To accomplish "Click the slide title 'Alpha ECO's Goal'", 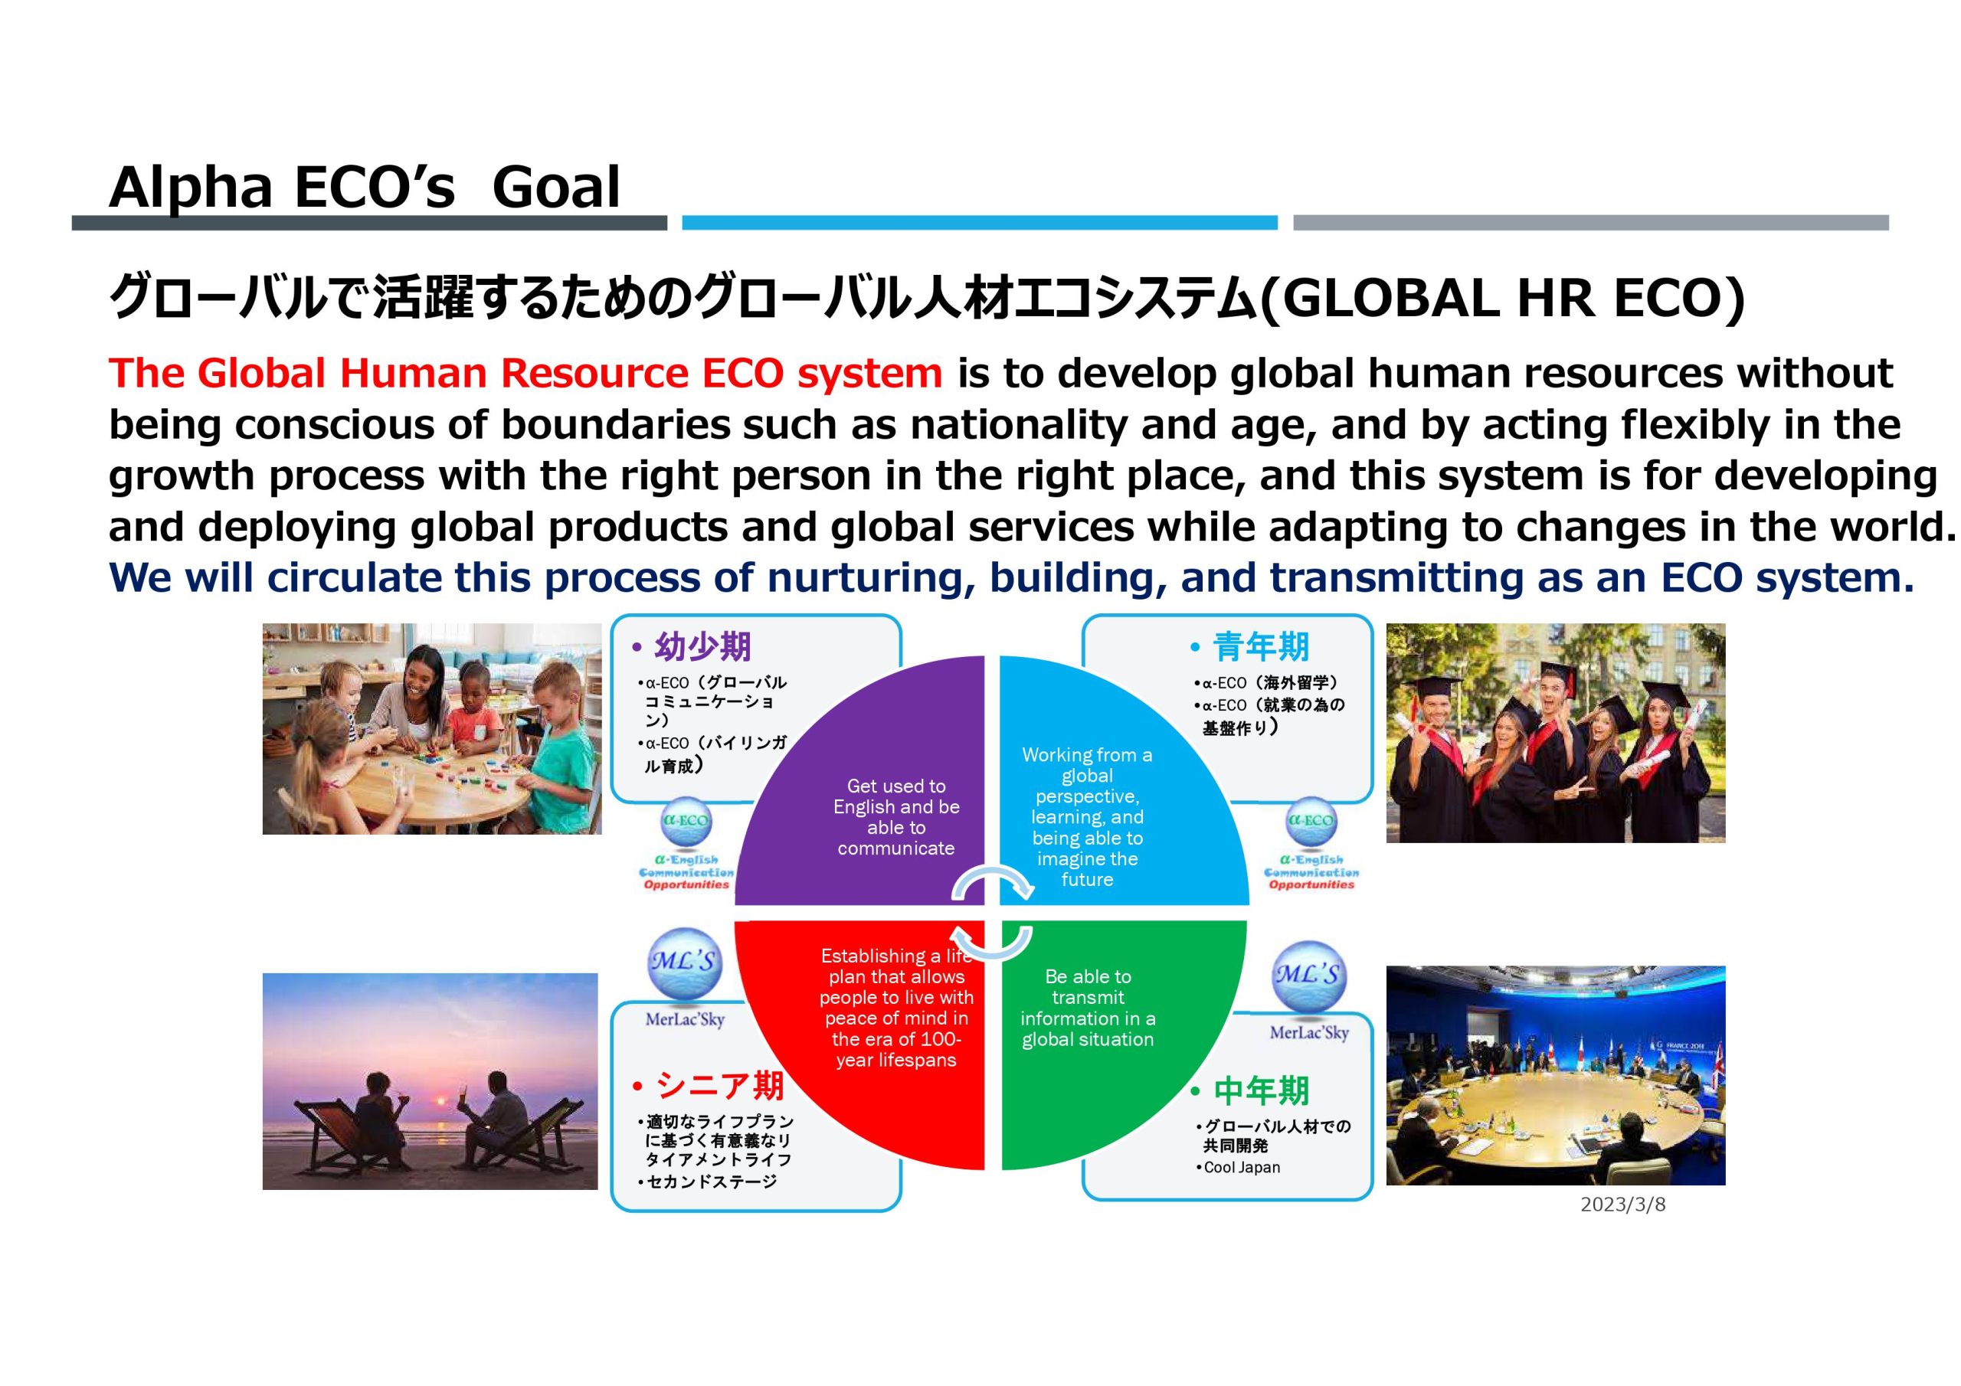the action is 365,187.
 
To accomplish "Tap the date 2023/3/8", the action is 1622,1205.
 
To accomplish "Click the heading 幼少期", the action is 703,646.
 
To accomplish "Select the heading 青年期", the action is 1262,646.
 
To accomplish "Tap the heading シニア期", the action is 720,1085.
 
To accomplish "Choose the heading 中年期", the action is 1262,1090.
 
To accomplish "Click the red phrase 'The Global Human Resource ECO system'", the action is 525,373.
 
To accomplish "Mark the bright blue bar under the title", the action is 980,223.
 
